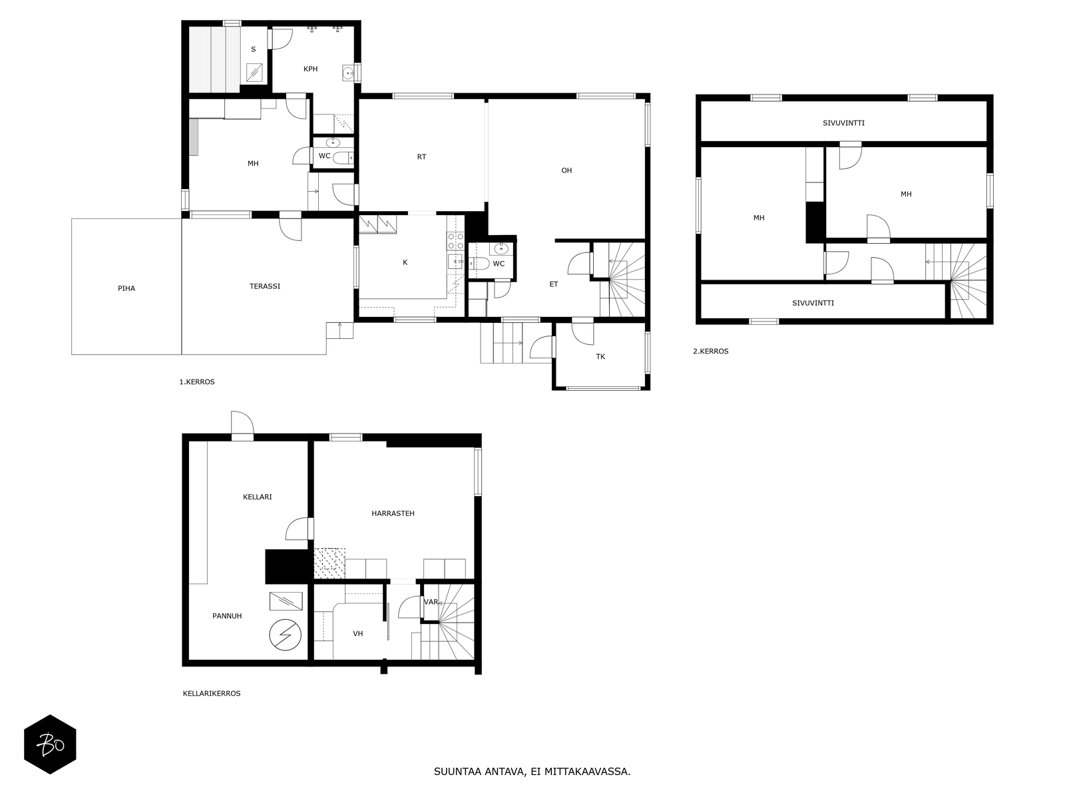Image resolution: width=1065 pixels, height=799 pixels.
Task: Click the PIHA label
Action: [126, 288]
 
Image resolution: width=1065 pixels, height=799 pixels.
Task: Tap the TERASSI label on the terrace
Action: [265, 286]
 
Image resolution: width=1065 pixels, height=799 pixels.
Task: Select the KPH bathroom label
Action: [310, 69]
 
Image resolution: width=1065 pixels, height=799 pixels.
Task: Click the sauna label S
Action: [253, 49]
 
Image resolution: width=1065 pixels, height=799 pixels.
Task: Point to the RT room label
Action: [421, 157]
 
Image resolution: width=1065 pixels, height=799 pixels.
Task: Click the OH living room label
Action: [566, 170]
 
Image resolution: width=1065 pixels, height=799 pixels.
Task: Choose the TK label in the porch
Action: [600, 357]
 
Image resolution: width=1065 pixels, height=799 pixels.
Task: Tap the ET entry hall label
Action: [554, 284]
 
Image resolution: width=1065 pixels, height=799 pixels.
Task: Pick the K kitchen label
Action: [405, 262]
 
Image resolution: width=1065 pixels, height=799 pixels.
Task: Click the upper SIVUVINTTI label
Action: [843, 123]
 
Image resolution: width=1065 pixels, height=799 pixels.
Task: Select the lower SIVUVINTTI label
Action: [813, 303]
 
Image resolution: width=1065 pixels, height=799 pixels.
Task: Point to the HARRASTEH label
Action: [393, 513]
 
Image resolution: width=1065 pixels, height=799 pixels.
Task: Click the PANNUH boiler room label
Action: [227, 616]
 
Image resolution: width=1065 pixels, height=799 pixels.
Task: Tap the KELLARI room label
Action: [258, 497]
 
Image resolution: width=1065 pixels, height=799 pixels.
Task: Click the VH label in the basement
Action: [358, 633]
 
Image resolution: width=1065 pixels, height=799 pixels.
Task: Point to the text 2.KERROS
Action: [711, 352]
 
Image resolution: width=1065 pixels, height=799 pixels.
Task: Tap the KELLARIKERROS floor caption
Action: [212, 693]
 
